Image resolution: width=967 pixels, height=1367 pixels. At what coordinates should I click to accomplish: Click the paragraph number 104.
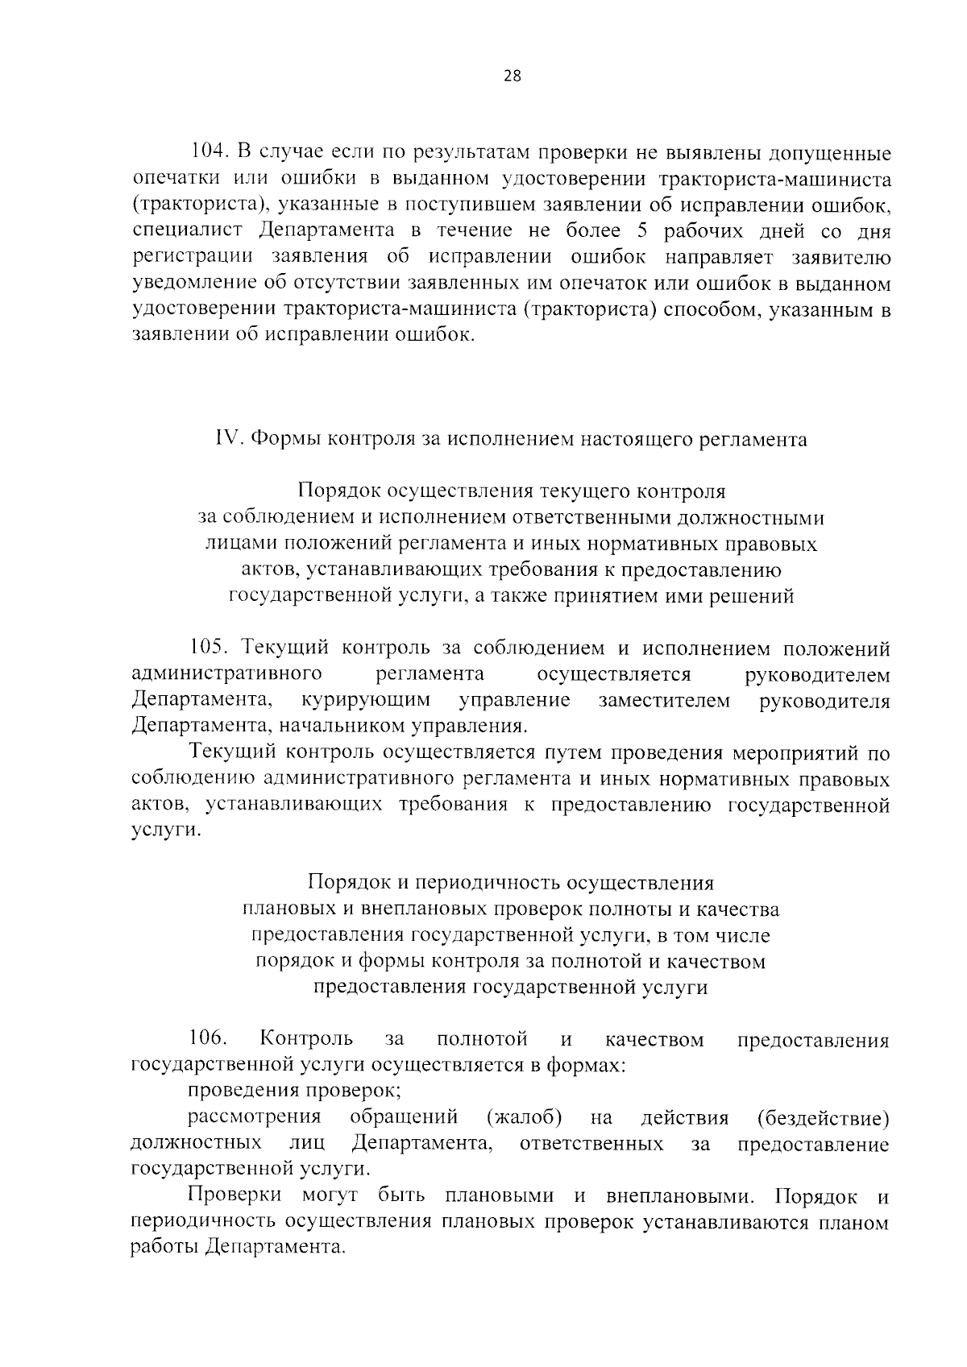210,152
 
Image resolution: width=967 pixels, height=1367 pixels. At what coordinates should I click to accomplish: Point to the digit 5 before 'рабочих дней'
642,230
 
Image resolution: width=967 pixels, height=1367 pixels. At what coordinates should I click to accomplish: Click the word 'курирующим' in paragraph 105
365,700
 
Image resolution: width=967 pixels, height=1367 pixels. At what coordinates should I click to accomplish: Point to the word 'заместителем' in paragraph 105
664,700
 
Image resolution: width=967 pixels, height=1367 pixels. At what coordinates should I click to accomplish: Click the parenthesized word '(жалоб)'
524,1118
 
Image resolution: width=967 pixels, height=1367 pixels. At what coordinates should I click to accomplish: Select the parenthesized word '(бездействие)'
823,1118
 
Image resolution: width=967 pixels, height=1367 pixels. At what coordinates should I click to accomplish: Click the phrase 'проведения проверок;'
295,1092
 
